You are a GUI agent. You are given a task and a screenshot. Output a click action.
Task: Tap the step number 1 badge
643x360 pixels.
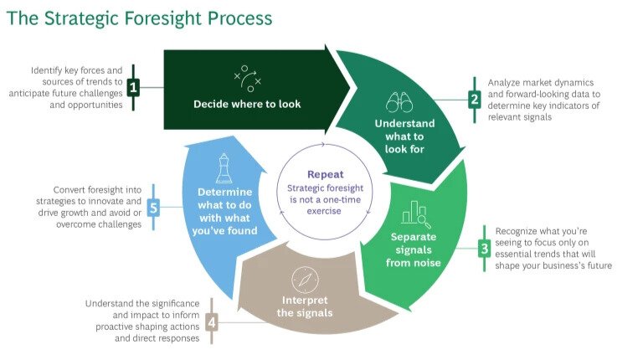pos(132,85)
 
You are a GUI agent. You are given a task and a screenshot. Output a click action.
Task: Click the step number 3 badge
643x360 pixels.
pos(484,248)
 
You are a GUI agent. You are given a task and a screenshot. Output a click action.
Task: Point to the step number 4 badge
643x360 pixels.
pos(212,321)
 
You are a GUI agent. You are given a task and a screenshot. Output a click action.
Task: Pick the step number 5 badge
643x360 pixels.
pos(152,206)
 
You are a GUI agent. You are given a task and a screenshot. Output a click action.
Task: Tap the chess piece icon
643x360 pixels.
pos(224,168)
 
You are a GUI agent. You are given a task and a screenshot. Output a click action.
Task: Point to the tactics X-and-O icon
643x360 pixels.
pos(247,77)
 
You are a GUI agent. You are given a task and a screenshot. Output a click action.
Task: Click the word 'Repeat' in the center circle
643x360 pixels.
pos(324,175)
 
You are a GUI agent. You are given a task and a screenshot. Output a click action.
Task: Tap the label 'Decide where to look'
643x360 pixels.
pos(247,105)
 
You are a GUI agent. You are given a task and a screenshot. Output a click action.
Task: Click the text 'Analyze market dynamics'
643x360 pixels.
pos(541,83)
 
